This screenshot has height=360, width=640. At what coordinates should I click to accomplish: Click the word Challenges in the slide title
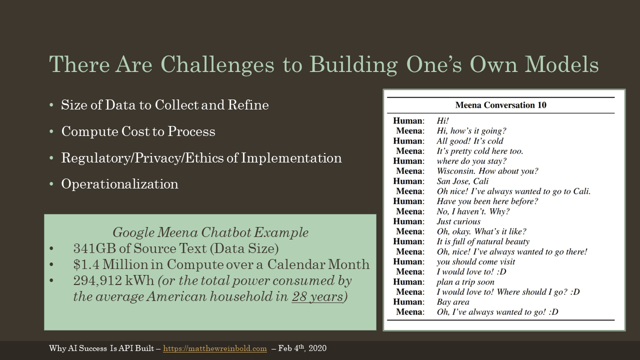click(217, 65)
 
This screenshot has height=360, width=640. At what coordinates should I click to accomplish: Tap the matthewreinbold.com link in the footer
click(215, 348)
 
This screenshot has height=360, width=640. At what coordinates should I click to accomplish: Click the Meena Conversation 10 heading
click(500, 105)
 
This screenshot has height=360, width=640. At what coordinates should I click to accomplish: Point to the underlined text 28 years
click(317, 296)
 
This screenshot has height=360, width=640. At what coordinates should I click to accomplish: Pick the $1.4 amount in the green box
click(86, 264)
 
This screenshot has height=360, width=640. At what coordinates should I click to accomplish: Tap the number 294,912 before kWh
click(97, 281)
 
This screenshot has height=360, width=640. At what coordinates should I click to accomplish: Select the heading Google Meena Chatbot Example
click(210, 232)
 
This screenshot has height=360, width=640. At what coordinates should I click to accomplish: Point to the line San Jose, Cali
click(462, 181)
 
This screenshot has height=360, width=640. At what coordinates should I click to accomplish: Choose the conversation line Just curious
click(458, 221)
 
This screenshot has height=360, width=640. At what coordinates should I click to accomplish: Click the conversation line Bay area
click(453, 302)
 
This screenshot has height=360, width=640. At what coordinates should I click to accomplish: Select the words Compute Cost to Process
click(138, 131)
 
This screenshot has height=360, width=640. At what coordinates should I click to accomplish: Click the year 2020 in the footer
click(317, 348)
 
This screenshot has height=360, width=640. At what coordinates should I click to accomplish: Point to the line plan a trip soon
click(465, 282)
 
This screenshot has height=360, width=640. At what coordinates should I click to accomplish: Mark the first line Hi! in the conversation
click(443, 121)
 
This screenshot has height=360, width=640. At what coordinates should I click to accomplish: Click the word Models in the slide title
click(561, 64)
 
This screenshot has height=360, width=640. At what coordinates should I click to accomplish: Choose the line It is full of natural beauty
click(483, 241)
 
